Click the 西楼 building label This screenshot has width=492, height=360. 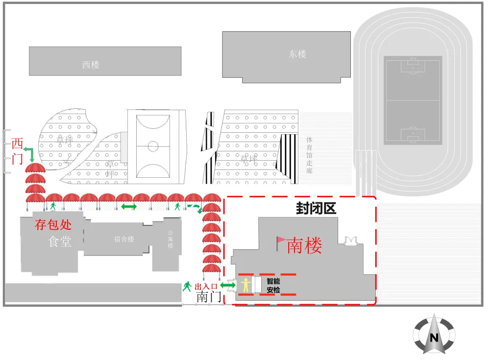coord(91,64)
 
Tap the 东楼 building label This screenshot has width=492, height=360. coord(297,54)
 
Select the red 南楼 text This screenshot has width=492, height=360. coord(304,246)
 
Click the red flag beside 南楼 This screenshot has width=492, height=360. coord(281,240)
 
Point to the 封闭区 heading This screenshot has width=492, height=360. coord(316,209)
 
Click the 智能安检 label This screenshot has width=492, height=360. coord(273,286)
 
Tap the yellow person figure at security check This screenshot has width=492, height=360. coord(245,285)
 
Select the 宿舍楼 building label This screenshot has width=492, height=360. coord(124,239)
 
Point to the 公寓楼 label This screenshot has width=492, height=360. coord(171,239)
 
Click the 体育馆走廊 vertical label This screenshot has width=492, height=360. coord(309,155)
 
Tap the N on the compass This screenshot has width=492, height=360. coord(434,337)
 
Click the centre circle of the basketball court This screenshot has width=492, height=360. coord(153,145)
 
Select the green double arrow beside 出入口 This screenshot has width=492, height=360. coord(228,285)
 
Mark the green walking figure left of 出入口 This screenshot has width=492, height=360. coord(187,286)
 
